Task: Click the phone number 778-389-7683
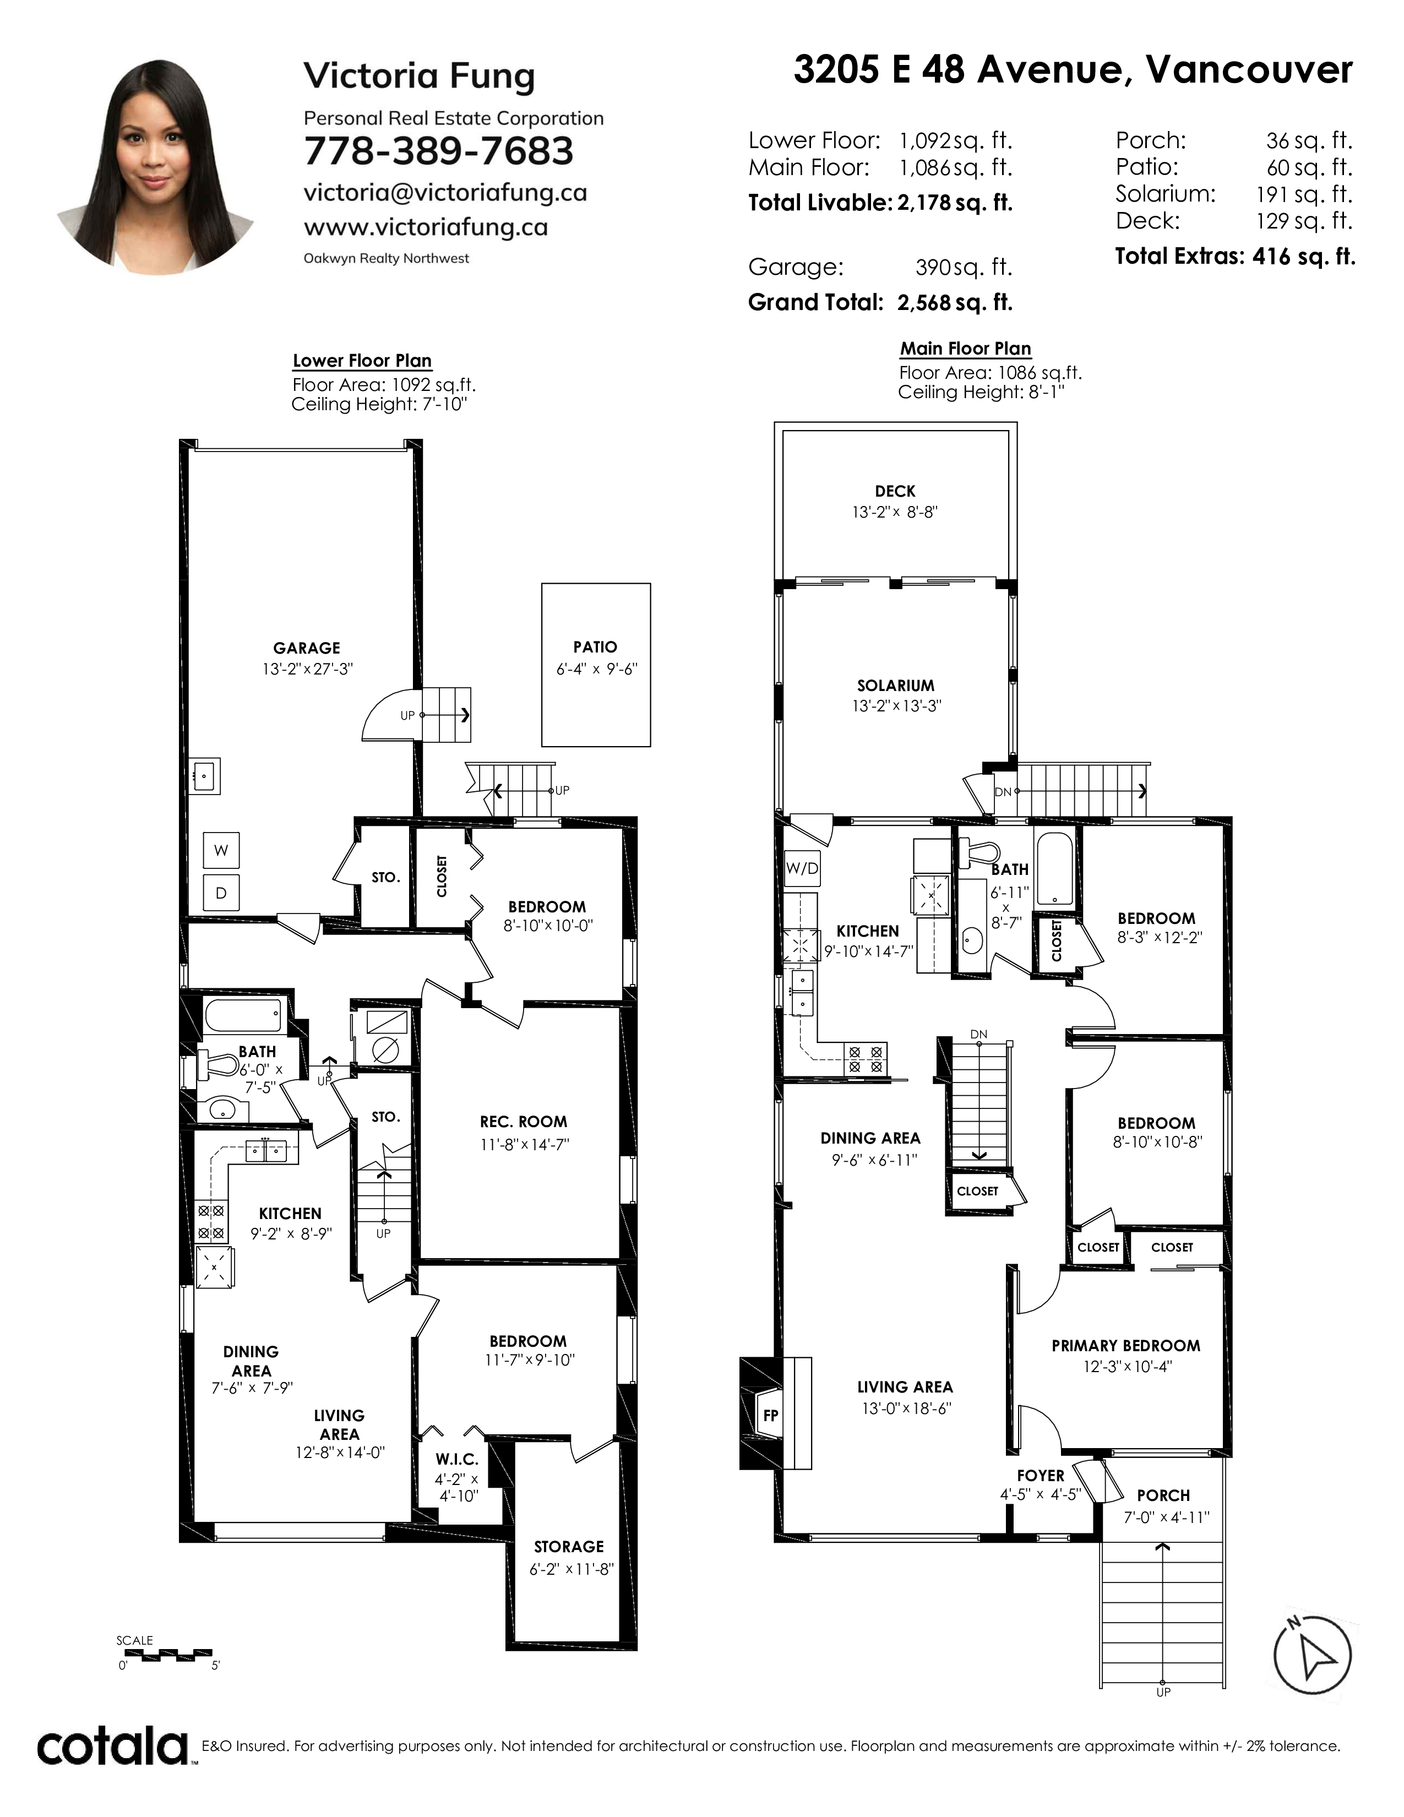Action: [x=438, y=151]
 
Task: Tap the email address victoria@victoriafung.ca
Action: [x=445, y=193]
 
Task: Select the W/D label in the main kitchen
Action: [x=802, y=868]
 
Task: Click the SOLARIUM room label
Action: [x=896, y=686]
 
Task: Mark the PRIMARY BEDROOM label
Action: [x=1125, y=1345]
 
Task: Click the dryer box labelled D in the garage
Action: [x=221, y=893]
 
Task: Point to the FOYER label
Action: [x=1041, y=1475]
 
